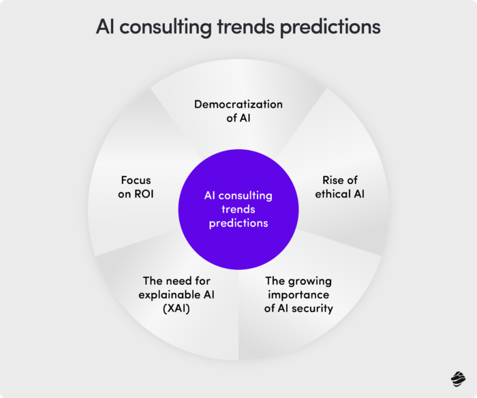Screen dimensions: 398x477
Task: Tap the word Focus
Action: (136, 181)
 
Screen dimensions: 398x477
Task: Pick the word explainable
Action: (165, 294)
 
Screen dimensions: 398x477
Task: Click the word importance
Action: (299, 294)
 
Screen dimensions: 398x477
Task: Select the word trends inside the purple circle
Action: (238, 209)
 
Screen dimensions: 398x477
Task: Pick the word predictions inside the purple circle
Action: (238, 223)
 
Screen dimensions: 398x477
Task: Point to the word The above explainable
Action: (153, 281)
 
